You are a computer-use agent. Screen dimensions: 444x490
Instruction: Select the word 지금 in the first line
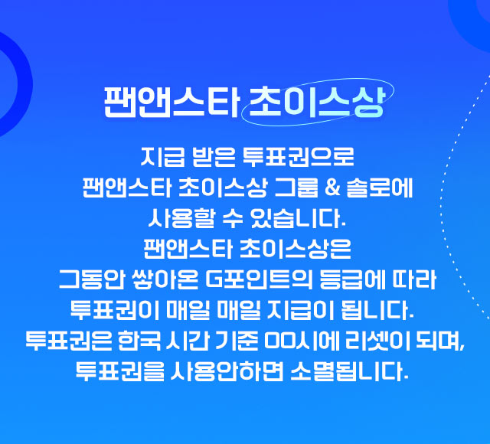tap(157, 162)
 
